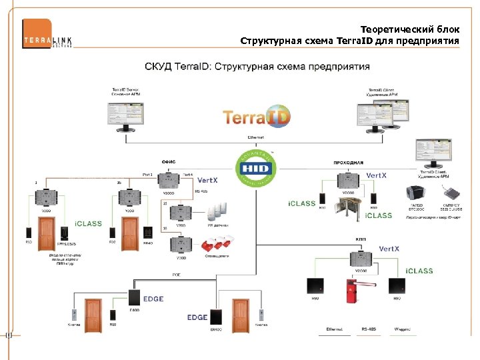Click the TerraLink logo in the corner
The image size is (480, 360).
[x=47, y=34]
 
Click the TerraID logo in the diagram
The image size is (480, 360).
[x=257, y=117]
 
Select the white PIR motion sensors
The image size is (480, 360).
[x=213, y=213]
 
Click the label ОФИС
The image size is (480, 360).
[x=169, y=160]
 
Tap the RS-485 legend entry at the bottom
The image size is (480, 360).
[x=368, y=329]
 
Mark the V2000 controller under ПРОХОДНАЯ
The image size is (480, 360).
[x=349, y=181]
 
